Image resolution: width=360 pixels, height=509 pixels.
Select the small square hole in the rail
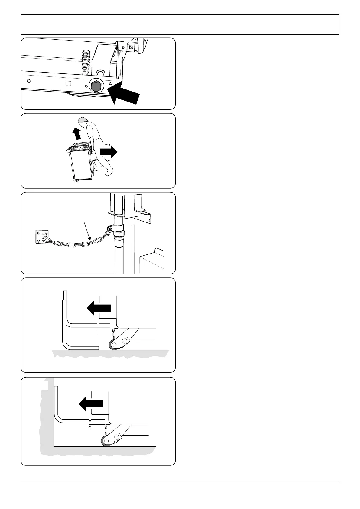(68, 83)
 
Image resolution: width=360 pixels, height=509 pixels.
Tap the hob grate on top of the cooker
(80, 147)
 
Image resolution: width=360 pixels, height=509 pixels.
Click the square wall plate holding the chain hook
(40, 236)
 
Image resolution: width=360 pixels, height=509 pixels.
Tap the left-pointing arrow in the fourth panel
(99, 308)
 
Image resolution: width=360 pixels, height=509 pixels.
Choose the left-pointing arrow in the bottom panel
(91, 403)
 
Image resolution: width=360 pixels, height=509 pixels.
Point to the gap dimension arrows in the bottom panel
(90, 423)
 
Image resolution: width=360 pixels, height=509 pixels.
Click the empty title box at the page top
(180, 24)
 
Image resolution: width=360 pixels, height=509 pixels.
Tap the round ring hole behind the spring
(100, 73)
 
